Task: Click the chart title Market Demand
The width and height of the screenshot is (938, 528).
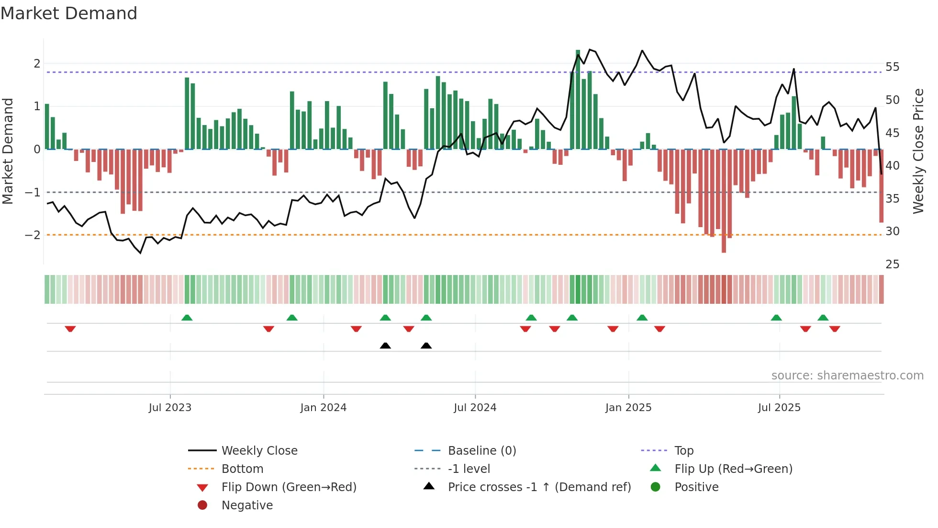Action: tap(69, 13)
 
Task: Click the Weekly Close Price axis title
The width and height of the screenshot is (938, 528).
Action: tap(918, 151)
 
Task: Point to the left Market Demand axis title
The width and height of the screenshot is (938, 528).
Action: tap(8, 151)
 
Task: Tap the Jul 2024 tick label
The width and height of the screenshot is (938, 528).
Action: tap(475, 408)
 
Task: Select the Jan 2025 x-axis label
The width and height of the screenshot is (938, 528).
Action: tap(628, 408)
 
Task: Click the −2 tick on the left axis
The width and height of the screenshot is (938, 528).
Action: tap(33, 235)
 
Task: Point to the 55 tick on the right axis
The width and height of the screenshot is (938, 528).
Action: tap(892, 67)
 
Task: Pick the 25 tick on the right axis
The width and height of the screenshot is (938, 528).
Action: tap(892, 264)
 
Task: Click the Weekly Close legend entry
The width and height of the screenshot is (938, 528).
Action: tap(259, 451)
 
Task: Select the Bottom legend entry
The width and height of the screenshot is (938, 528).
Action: tap(242, 469)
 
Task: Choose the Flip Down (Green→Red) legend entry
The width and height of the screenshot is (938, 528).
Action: tap(289, 487)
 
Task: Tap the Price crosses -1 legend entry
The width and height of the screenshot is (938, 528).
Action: tap(539, 487)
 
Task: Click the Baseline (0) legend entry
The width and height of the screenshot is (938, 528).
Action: tap(481, 451)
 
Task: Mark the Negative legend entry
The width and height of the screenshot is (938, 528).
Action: tap(247, 505)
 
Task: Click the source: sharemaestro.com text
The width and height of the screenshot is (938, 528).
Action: tap(847, 376)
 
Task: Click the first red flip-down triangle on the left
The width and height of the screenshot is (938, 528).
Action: tap(70, 329)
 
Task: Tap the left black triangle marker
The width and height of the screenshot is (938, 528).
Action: tap(385, 345)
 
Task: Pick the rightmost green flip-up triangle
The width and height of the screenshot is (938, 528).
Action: tap(823, 318)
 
